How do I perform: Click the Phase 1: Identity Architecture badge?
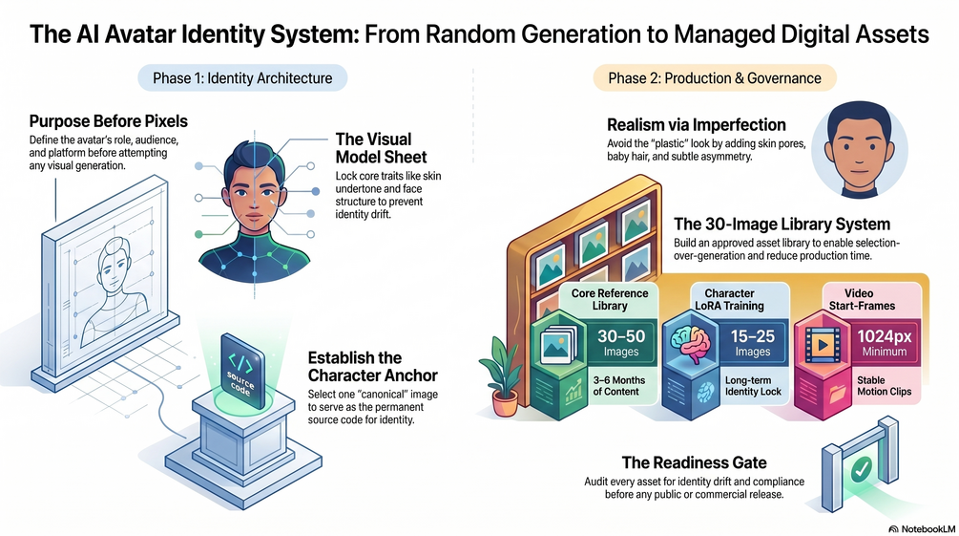242,78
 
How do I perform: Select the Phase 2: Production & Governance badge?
715,78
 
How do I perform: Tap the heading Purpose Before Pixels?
108,121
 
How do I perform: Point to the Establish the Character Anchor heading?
372,366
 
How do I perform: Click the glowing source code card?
242,372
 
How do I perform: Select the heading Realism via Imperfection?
696,125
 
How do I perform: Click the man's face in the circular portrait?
860,149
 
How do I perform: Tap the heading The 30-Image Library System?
782,225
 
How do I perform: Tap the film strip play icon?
823,345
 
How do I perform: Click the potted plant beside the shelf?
503,377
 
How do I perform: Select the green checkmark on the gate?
862,470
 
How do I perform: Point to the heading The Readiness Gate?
694,462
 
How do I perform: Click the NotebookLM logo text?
922,528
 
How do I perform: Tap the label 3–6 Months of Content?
619,386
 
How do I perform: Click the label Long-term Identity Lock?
753,386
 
